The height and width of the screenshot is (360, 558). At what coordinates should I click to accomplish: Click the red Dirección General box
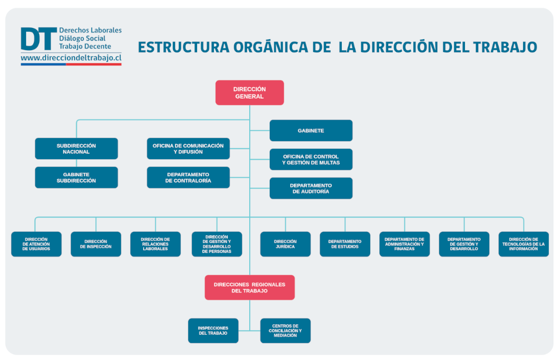(x=249, y=93)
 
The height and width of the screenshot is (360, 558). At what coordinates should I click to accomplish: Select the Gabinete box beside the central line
(x=311, y=131)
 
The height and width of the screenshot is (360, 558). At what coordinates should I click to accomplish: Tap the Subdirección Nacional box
(x=76, y=148)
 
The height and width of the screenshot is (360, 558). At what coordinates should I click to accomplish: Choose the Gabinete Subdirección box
(x=76, y=177)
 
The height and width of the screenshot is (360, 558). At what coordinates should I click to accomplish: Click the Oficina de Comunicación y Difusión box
(x=188, y=148)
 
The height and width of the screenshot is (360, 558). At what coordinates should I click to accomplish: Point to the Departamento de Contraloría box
(x=188, y=177)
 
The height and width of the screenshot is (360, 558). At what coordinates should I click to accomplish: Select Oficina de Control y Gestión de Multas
(x=311, y=160)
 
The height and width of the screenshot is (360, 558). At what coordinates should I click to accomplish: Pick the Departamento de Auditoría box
(x=311, y=188)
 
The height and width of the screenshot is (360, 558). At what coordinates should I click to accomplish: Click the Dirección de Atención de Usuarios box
(x=36, y=244)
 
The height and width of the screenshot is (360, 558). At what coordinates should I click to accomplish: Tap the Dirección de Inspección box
(x=96, y=244)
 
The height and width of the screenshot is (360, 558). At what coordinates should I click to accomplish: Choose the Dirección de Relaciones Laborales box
(x=155, y=244)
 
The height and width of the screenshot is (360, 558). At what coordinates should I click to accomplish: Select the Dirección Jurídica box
(x=285, y=244)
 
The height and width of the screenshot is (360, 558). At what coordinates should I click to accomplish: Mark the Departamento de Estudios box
(x=345, y=244)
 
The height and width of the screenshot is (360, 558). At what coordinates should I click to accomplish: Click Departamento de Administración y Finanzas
(x=404, y=244)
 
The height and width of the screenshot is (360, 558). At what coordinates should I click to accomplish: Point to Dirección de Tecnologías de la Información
(x=523, y=244)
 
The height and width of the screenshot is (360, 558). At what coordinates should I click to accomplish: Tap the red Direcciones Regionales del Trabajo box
(x=249, y=287)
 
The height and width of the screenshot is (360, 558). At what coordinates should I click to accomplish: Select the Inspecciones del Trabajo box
(x=213, y=331)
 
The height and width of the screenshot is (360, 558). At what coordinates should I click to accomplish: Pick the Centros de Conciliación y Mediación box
(x=285, y=331)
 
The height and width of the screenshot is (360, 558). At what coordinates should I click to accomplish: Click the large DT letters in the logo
(x=38, y=39)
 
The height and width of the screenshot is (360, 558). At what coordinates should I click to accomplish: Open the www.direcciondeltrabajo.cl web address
(x=71, y=58)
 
